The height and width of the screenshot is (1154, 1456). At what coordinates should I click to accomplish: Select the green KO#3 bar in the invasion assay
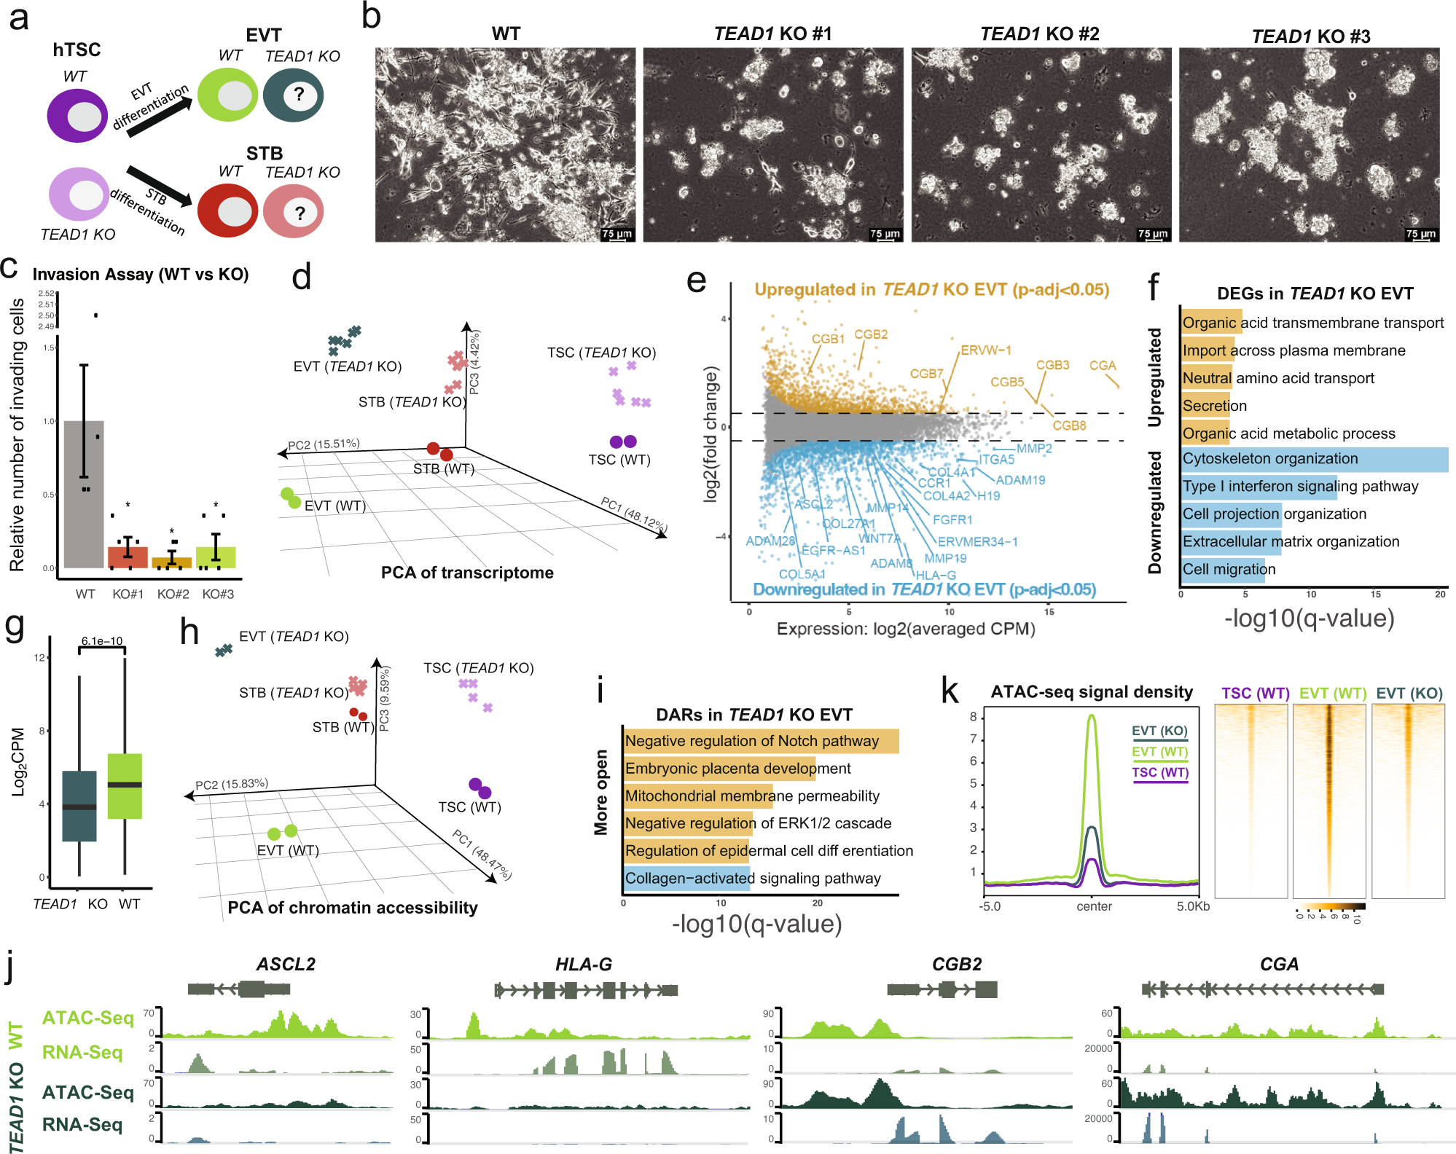(216, 557)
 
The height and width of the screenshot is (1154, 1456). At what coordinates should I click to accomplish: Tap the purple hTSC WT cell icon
(77, 116)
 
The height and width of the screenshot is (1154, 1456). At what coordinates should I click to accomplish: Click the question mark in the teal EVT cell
(299, 94)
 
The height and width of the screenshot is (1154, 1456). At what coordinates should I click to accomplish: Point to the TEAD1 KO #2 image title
(1039, 34)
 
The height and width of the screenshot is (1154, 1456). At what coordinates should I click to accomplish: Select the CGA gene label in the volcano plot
(1103, 366)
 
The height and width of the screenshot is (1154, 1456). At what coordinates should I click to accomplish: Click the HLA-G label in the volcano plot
(936, 576)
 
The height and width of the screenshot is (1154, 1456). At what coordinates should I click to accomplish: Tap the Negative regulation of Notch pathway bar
(761, 741)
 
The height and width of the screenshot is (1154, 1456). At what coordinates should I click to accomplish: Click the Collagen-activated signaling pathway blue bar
(686, 879)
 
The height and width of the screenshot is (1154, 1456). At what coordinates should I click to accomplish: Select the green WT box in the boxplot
(125, 786)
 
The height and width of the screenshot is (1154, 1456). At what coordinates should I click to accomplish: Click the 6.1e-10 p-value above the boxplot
(102, 641)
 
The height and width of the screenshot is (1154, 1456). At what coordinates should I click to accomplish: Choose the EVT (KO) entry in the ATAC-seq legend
(1159, 731)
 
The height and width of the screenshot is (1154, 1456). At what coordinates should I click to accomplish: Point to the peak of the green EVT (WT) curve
(1091, 717)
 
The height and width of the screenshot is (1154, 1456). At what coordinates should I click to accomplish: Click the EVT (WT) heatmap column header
(1332, 694)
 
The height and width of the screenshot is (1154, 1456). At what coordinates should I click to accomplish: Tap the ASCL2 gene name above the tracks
(286, 965)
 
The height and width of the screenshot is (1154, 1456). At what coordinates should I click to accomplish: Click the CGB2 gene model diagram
(942, 989)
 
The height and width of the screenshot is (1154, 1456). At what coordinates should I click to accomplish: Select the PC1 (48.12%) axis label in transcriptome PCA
(633, 514)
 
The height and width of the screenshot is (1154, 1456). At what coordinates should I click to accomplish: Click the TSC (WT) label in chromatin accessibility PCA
(469, 807)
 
